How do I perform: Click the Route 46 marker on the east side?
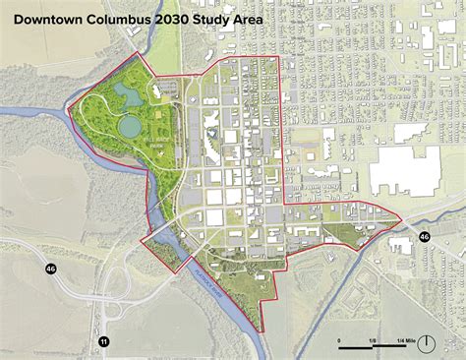(424, 237)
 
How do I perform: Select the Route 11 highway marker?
(103, 340)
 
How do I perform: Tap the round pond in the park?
(129, 128)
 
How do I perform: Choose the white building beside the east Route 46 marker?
(402, 242)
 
